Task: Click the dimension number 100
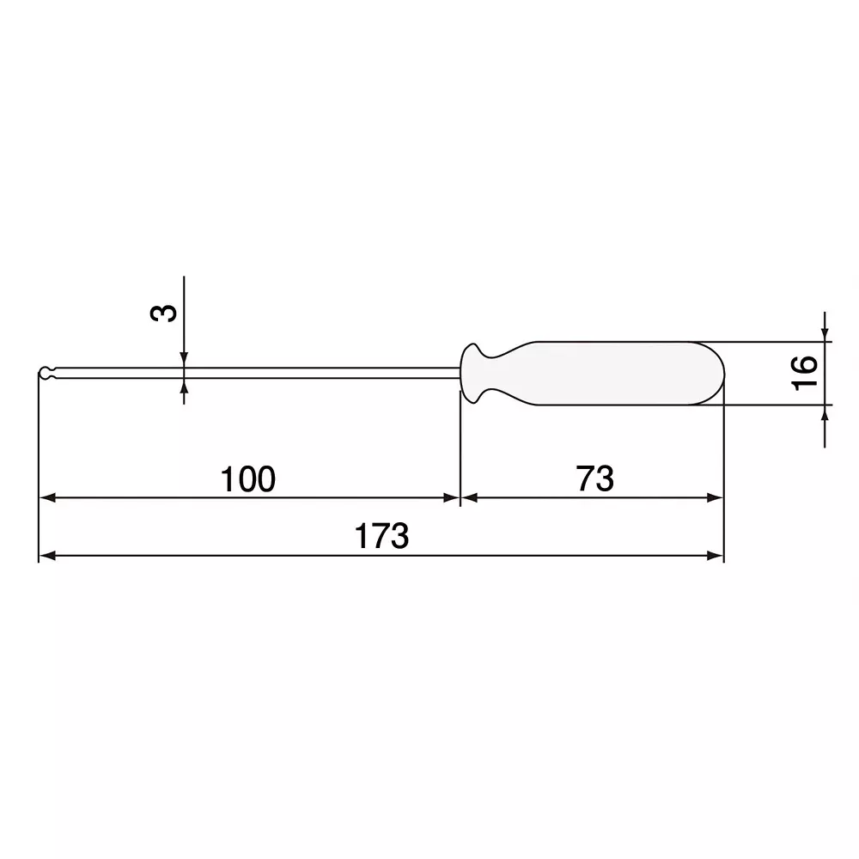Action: (x=248, y=479)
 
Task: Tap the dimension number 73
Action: (x=595, y=479)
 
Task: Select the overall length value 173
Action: (x=382, y=537)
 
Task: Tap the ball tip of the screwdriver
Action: (x=45, y=373)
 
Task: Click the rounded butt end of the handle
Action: (x=717, y=373)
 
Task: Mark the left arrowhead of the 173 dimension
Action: (x=48, y=556)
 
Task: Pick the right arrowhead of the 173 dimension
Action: (x=716, y=556)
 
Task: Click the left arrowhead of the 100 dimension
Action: (x=48, y=497)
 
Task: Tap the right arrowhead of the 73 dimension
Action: (x=716, y=497)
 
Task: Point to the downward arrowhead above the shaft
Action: (x=184, y=358)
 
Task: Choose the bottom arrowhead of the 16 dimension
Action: (x=825, y=413)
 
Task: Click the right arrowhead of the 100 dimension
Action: (x=451, y=497)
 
